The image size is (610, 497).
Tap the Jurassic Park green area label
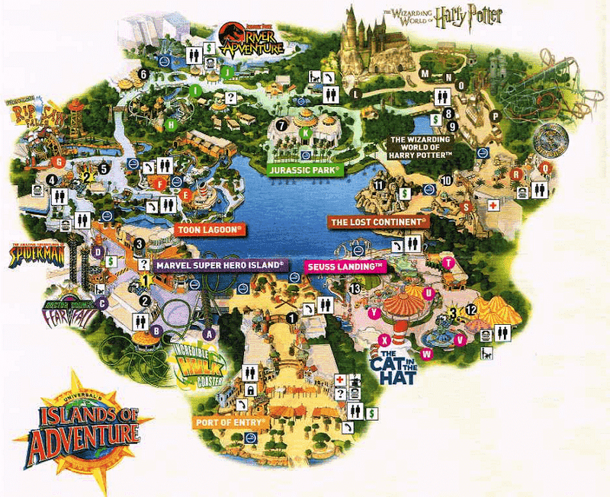click(x=302, y=171)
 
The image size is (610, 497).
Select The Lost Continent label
click(x=375, y=223)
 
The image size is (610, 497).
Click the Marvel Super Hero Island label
click(x=220, y=266)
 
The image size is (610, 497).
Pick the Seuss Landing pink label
click(x=344, y=267)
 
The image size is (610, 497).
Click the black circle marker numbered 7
click(x=281, y=124)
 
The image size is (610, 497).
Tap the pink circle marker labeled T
click(x=448, y=263)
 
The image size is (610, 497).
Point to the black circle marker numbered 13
click(x=353, y=290)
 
